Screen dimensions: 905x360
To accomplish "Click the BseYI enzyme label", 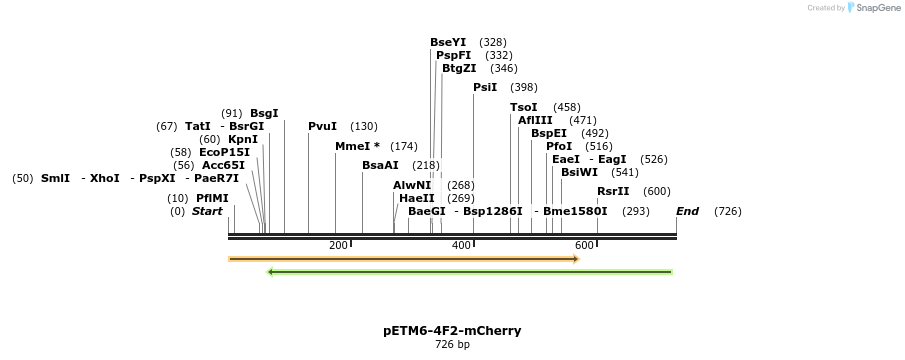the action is pos(448,42).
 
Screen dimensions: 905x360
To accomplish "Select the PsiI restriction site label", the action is pos(485,87).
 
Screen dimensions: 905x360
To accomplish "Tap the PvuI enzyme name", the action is pos(323,126).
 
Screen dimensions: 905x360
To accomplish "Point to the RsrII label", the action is pos(613,191).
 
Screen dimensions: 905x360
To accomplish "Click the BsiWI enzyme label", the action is pos(579,172).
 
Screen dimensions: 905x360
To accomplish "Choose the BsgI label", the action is pos(264,113).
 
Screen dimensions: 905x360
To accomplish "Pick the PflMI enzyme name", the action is pos(212,198).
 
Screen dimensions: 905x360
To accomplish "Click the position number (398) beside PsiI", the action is pos(524,87).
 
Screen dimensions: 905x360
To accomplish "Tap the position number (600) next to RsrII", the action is pos(657,191).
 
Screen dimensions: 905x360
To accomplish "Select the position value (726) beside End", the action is pos(728,211).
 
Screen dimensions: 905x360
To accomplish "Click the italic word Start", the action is pos(207,211).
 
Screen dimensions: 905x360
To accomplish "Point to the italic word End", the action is pos(687,211).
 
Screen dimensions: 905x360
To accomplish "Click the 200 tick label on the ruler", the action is pos(338,245).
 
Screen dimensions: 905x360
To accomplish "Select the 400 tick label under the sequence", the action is pos(461,245).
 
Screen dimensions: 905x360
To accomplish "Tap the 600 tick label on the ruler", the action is pos(584,245).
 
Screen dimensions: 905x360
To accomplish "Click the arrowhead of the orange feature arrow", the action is pos(576,259).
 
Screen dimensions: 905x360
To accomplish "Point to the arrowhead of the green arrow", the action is pos(270,272).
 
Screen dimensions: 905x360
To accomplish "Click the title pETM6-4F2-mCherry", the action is pos(452,331).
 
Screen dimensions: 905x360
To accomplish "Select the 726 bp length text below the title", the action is pos(452,344).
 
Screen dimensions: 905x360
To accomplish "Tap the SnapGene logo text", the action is pos(878,8).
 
